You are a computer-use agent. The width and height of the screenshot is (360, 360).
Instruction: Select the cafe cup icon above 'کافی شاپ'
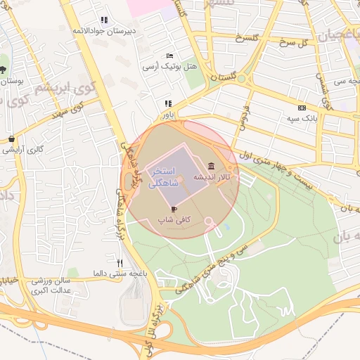(x=174, y=209)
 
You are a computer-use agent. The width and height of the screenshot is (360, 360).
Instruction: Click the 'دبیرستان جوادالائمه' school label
(x=105, y=31)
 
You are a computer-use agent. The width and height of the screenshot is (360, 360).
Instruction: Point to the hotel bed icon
(x=169, y=56)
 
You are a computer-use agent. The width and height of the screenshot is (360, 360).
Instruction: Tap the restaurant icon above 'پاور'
(x=167, y=103)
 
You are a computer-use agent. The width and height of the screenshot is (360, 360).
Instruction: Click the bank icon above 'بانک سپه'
(x=302, y=108)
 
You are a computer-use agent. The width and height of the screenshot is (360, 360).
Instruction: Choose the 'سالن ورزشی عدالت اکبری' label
(x=56, y=284)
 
